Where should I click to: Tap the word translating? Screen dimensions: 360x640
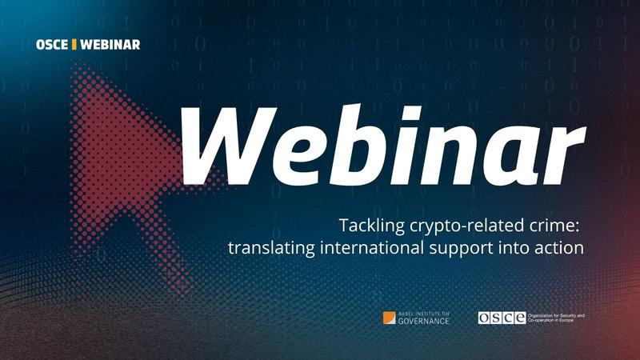[x=266, y=249]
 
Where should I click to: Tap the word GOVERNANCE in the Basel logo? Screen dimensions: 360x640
[x=423, y=321]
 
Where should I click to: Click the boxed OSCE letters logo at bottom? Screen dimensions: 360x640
[x=502, y=318]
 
